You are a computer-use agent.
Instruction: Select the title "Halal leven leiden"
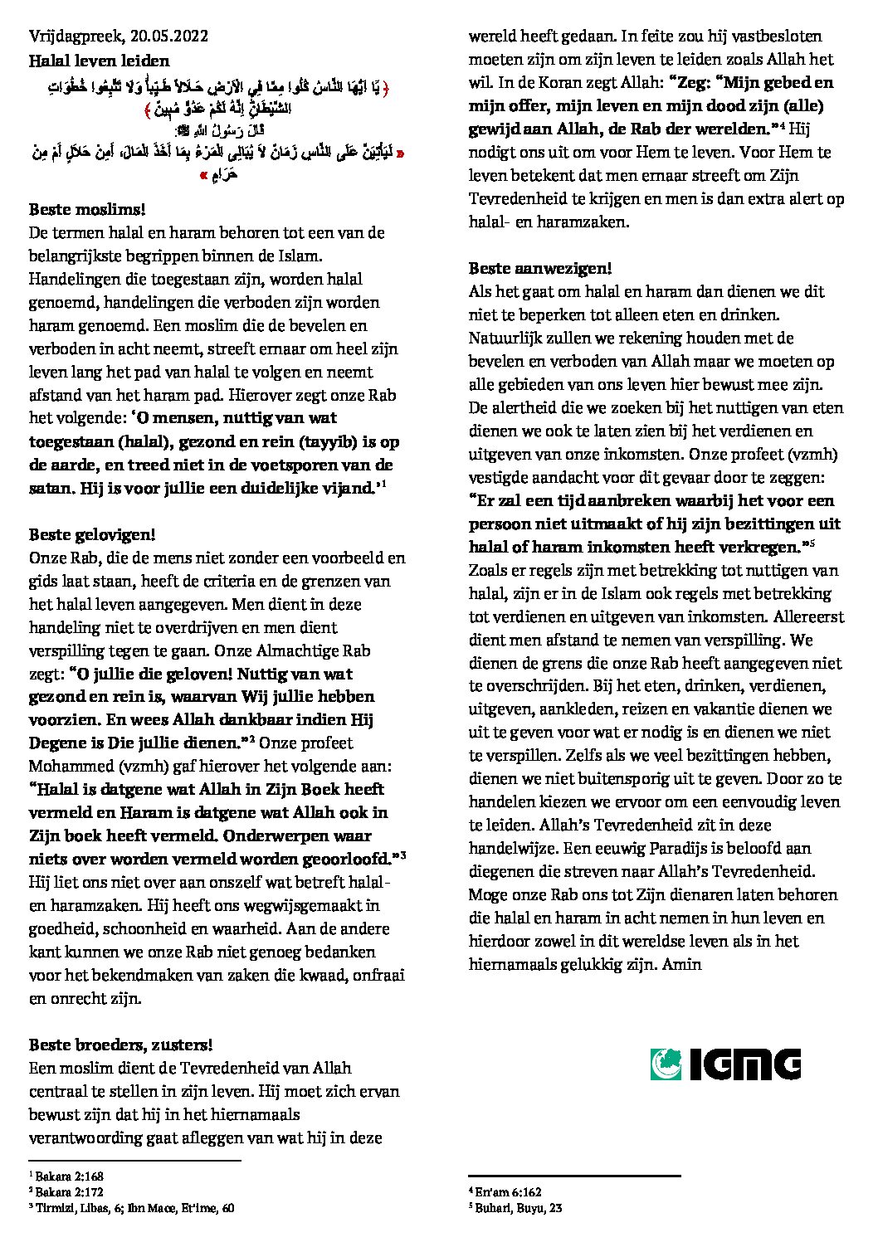click(99, 61)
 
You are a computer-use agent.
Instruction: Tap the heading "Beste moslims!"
click(80, 210)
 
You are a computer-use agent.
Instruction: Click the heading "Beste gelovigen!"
click(92, 534)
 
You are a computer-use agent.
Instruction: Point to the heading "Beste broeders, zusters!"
click(120, 1045)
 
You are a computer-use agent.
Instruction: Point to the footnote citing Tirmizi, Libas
click(133, 1209)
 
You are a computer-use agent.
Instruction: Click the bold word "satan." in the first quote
click(54, 488)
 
